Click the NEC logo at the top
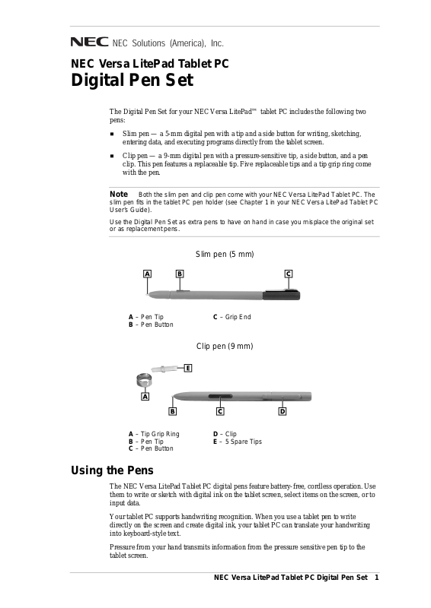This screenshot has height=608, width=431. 89,42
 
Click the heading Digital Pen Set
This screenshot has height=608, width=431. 132,81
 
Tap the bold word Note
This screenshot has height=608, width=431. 119,194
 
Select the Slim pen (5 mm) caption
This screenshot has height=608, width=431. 225,254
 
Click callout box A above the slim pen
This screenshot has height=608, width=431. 147,274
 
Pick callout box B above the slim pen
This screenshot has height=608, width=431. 180,274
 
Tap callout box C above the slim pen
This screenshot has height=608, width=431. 289,274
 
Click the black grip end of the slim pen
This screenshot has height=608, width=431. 282,295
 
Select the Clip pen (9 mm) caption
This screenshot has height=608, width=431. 225,346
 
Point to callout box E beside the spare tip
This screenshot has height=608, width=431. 188,368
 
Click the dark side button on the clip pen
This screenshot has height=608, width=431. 220,396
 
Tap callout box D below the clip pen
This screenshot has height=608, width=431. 283,411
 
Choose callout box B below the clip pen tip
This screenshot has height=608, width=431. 173,411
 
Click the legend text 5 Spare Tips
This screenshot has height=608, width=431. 243,442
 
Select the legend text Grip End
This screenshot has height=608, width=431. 238,317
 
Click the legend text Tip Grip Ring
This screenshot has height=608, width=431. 160,434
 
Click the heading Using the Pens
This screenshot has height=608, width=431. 112,470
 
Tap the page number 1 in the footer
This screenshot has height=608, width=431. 376,578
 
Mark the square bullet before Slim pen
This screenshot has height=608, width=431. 112,134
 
